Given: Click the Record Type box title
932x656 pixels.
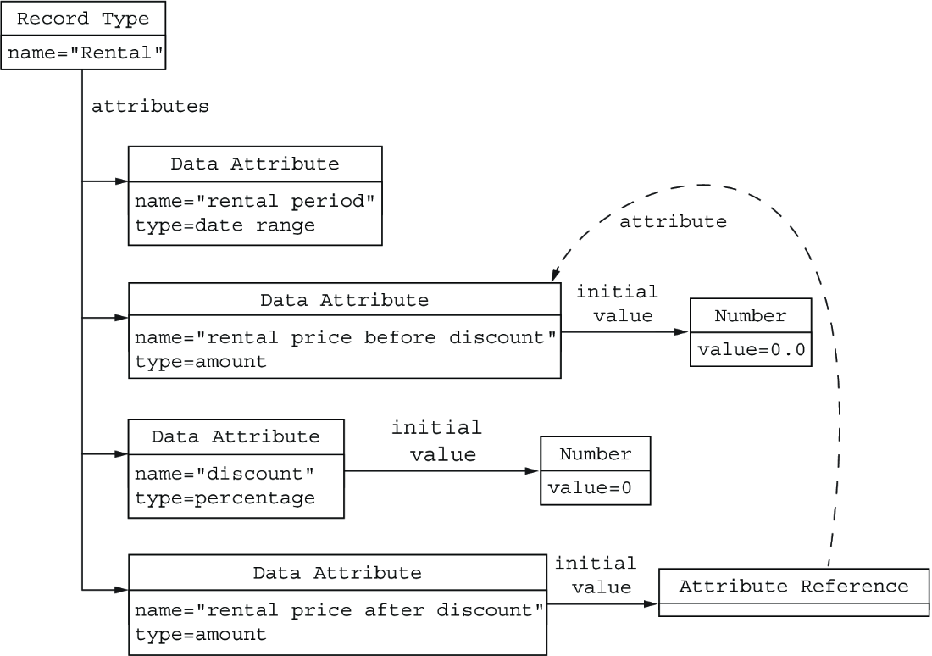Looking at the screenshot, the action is (x=83, y=19).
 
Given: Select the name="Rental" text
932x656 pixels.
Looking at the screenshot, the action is (x=85, y=53).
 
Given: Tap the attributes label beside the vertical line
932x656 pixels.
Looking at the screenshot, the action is (x=150, y=107).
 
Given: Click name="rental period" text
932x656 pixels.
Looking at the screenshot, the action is (x=255, y=201).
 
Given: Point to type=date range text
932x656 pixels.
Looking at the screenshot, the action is (x=225, y=225).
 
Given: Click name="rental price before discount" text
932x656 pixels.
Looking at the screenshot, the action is (x=346, y=337).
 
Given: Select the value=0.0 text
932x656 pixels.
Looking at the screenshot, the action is (x=752, y=350).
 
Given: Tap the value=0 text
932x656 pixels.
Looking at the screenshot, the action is (x=590, y=488).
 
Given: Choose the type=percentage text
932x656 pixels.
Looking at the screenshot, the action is (x=225, y=498).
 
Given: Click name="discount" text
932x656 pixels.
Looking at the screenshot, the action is (x=225, y=474).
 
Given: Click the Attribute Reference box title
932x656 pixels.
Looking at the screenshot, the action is (x=794, y=587).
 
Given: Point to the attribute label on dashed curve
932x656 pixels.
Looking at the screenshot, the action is (x=673, y=222).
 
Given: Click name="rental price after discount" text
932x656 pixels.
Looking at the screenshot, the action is (x=340, y=610).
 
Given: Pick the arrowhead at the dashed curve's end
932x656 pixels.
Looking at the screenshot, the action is (x=555, y=274).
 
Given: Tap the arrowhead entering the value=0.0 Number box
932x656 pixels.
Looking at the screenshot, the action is (x=682, y=332).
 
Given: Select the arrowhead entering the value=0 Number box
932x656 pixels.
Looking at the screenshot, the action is (x=533, y=471).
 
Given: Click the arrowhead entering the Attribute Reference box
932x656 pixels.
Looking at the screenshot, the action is (x=652, y=604).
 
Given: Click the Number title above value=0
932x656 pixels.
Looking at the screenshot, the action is (x=595, y=454).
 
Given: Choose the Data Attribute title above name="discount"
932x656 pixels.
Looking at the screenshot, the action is (x=236, y=436).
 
